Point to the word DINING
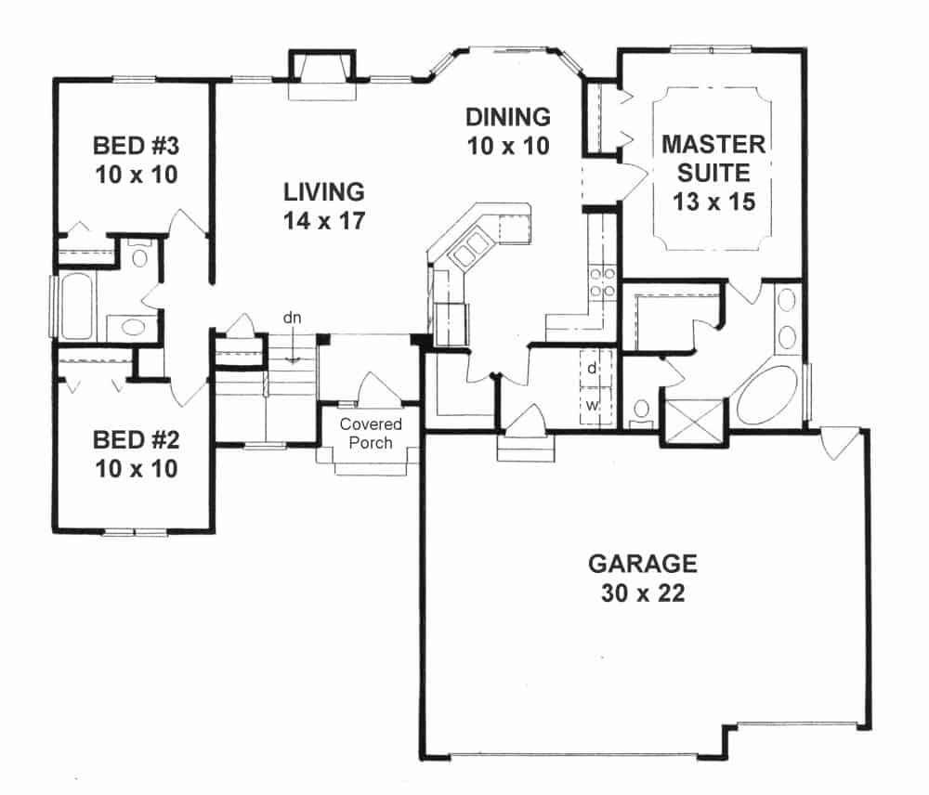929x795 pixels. click(x=508, y=118)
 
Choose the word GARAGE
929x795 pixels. click(x=642, y=564)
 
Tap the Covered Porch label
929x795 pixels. click(x=371, y=434)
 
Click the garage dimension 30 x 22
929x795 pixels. click(x=642, y=593)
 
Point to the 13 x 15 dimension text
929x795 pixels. click(x=713, y=201)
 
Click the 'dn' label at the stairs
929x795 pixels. click(x=293, y=319)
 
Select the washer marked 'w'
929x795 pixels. click(x=592, y=404)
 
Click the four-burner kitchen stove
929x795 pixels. click(x=600, y=282)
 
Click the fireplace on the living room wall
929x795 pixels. click(x=322, y=75)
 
